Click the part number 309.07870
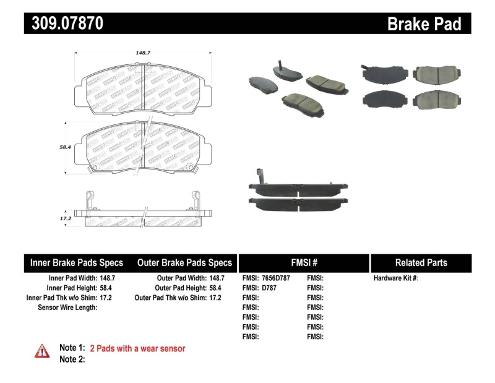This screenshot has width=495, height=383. click(64, 24)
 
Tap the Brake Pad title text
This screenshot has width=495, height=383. click(424, 24)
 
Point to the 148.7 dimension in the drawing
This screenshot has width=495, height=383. click(144, 53)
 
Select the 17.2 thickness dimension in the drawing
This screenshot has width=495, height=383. click(65, 218)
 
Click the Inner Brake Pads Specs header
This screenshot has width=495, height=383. click(77, 263)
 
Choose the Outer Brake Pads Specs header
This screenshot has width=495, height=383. click(184, 263)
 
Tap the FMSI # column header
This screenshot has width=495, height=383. click(304, 263)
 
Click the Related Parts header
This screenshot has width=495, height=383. click(421, 263)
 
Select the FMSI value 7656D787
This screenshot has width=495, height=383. click(275, 278)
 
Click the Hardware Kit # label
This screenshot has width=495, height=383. click(395, 278)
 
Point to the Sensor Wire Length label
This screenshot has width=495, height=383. click(67, 307)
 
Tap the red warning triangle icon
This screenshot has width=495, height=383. click(41, 350)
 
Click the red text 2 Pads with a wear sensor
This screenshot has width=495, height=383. click(137, 348)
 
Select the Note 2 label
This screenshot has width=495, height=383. click(72, 359)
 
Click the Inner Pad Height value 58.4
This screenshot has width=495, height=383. click(108, 288)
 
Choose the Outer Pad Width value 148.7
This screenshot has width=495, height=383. click(217, 278)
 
